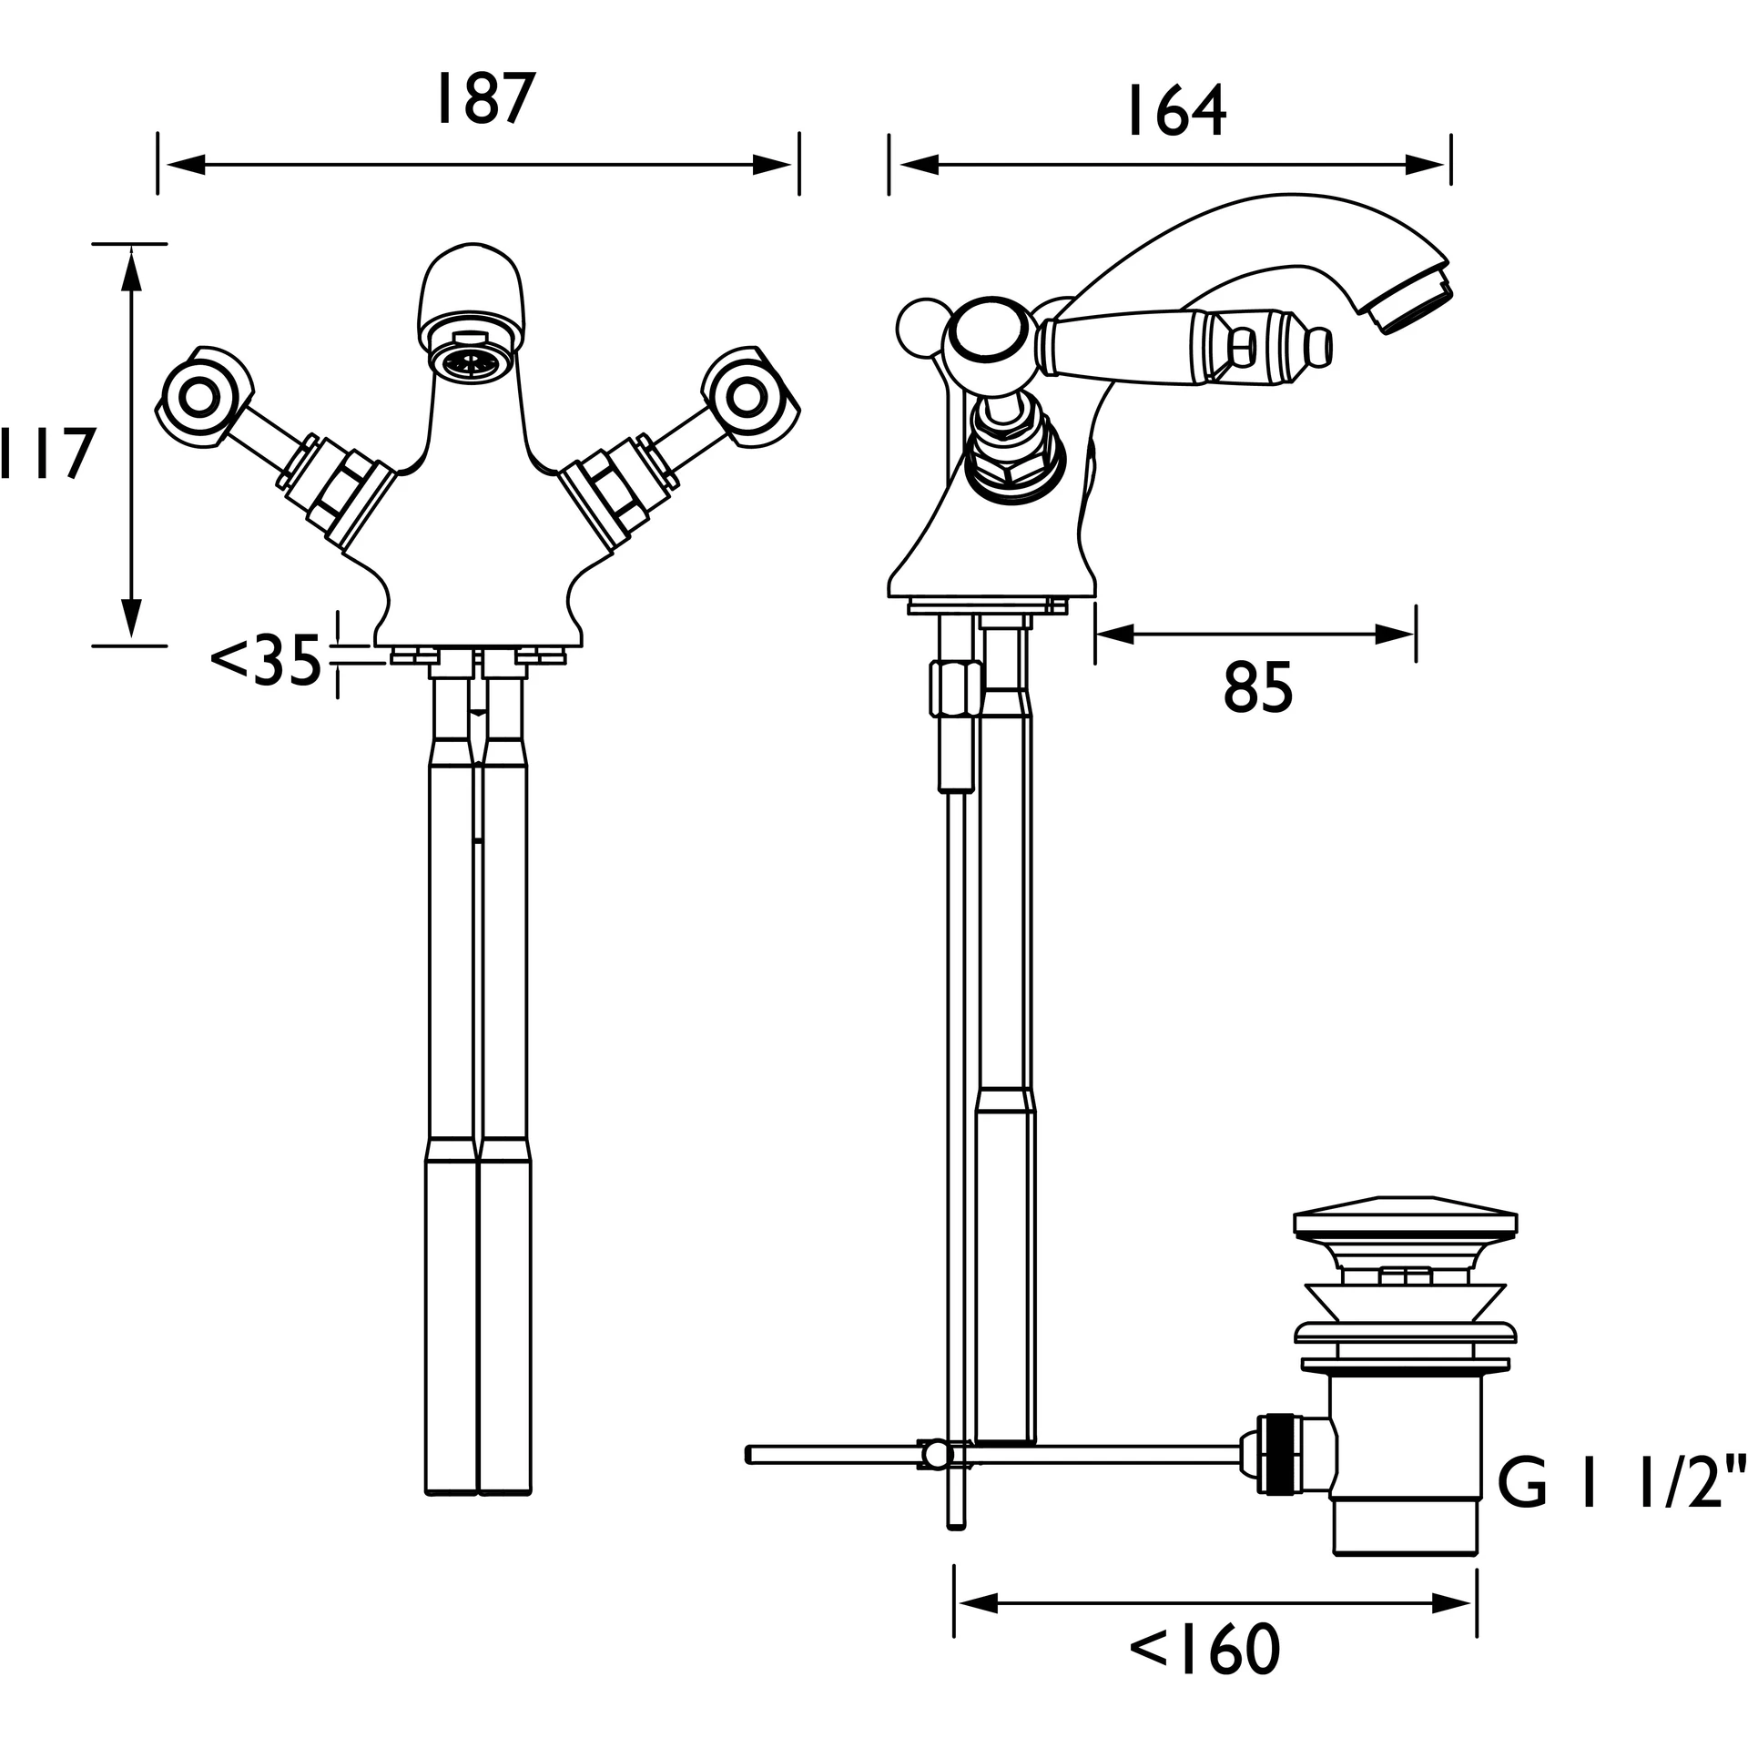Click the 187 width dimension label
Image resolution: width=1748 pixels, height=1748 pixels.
click(482, 99)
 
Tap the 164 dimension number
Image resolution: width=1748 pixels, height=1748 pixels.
click(1176, 111)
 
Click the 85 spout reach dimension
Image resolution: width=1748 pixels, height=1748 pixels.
click(1258, 687)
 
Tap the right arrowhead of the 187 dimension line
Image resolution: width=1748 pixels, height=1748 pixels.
click(772, 165)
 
